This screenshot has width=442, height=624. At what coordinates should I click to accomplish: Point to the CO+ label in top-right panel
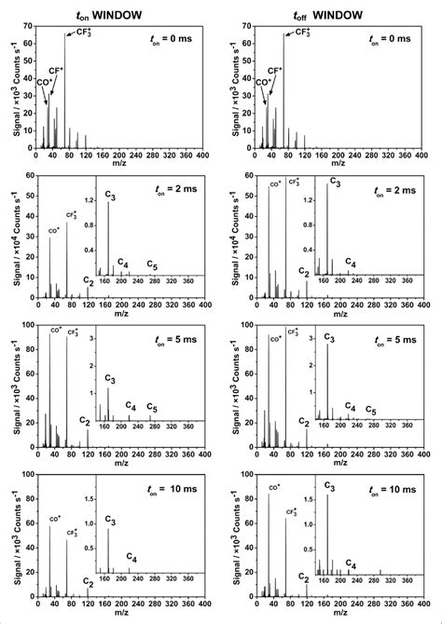click(x=264, y=82)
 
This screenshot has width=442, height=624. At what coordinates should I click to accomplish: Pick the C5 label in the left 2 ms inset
click(x=152, y=267)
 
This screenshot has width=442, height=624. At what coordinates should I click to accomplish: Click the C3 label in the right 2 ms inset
click(x=333, y=185)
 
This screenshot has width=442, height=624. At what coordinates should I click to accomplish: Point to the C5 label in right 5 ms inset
click(x=370, y=411)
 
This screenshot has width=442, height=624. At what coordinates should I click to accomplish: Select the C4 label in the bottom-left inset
click(x=132, y=557)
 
